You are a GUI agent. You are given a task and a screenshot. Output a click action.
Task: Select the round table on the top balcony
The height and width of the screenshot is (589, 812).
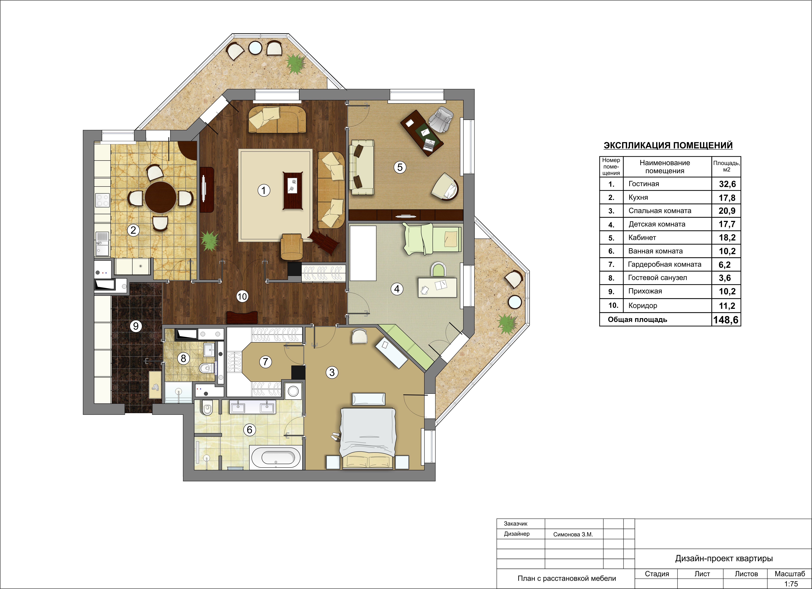coord(255,48)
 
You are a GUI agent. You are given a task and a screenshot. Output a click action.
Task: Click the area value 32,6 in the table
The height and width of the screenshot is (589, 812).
coord(727,184)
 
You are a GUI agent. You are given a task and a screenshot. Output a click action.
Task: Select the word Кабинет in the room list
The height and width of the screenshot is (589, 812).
coord(642,237)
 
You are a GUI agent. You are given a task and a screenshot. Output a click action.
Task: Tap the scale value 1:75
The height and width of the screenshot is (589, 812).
coord(791,584)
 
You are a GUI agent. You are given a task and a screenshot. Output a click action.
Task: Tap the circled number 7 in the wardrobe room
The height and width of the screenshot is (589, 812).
coord(265,362)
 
